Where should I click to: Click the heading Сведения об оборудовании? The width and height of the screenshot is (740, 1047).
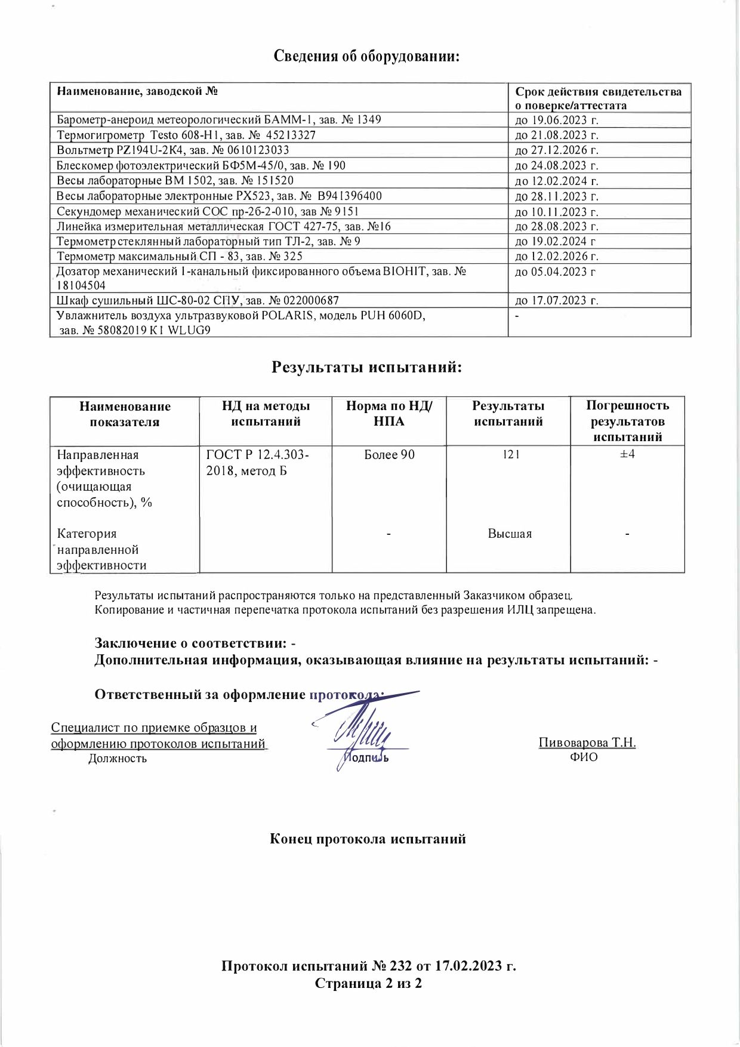tap(368, 57)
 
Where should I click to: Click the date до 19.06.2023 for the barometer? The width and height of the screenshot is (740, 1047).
tap(556, 120)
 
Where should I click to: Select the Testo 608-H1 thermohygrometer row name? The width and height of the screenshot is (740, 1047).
tap(186, 135)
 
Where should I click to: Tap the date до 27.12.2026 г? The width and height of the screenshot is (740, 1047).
tap(556, 150)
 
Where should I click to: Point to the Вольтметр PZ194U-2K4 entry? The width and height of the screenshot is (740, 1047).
tap(173, 150)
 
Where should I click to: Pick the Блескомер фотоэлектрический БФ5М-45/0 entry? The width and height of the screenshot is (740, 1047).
tap(201, 165)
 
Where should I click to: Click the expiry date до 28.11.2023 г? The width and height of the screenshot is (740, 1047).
tap(556, 196)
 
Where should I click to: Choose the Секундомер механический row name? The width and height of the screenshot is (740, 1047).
tap(207, 211)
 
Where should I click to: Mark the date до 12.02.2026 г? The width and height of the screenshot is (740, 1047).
tap(556, 256)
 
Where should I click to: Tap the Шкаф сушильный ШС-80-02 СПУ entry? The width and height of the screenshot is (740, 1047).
tap(198, 300)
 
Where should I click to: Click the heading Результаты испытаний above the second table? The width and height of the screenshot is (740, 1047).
tap(367, 367)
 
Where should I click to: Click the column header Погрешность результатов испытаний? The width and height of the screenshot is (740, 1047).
tap(627, 421)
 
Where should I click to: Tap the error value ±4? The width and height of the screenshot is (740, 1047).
tap(627, 455)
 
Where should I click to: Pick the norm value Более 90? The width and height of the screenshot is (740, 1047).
tap(389, 455)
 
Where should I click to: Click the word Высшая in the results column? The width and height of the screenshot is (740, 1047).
tap(510, 534)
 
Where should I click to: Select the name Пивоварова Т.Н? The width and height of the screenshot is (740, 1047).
tap(587, 743)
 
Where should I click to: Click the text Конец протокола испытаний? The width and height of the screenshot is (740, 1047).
tap(368, 839)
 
